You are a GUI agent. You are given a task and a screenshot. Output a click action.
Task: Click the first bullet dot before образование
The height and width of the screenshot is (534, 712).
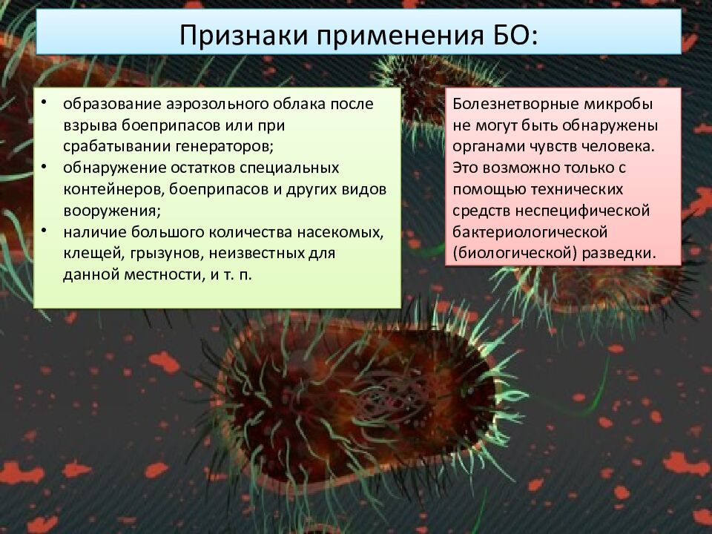(44, 102)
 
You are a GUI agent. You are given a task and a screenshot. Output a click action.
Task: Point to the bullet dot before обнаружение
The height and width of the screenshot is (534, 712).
(44, 166)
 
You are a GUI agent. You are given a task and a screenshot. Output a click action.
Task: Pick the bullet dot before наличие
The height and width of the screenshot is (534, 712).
(44, 231)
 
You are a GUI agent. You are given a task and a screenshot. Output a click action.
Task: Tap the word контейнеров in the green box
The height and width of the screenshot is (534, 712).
(114, 190)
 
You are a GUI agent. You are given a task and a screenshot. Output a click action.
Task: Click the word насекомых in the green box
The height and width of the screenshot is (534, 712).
(340, 232)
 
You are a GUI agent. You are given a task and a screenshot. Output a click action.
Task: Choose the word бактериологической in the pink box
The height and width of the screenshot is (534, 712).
(530, 232)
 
